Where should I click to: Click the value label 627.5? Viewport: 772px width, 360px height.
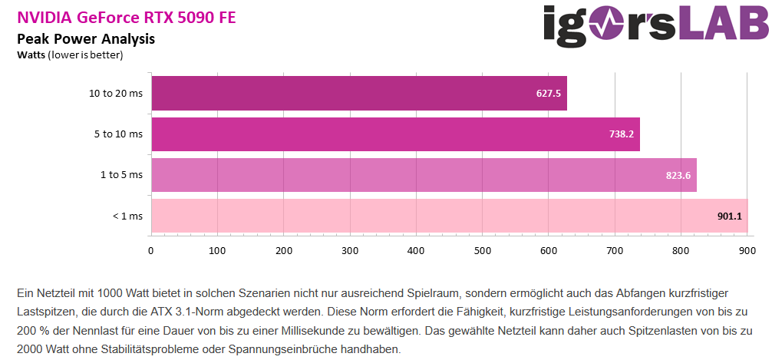coord(549,94)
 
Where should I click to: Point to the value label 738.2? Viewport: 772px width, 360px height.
coord(622,134)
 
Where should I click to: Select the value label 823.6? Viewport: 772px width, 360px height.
coord(678,175)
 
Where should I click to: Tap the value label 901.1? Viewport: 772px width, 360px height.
coord(730,216)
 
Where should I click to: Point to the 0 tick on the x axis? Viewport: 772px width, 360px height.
coord(151,250)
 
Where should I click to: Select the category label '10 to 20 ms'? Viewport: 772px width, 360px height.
coord(116,94)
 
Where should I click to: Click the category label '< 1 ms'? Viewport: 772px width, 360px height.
coord(127,216)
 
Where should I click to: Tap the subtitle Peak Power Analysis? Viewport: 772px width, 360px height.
coord(86,38)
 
